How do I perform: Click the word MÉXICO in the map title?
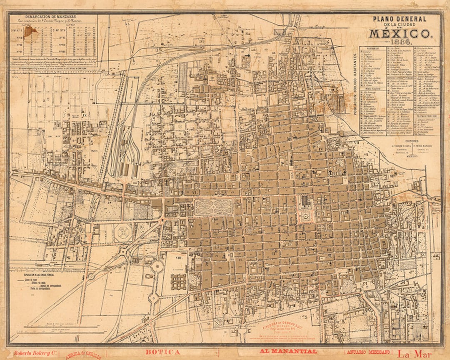click(x=399, y=33)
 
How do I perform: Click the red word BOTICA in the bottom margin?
click(x=162, y=352)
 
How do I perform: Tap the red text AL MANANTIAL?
click(x=288, y=352)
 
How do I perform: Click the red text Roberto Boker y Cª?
click(x=34, y=353)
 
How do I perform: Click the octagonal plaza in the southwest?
click(x=123, y=232)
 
